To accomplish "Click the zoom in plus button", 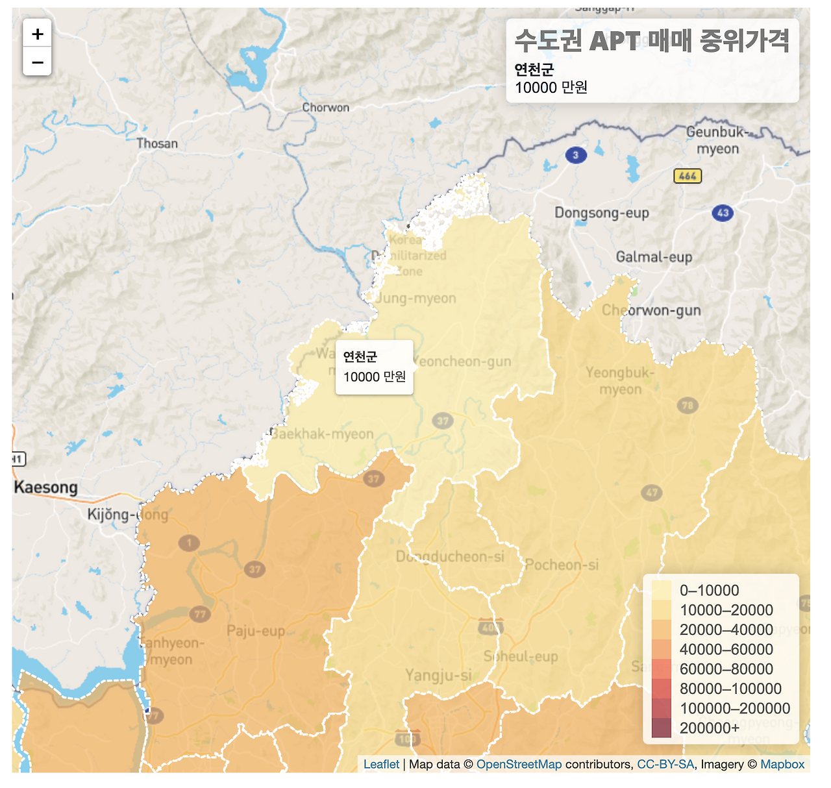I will (37, 34).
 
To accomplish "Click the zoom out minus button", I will (37, 62).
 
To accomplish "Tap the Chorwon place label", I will (325, 108).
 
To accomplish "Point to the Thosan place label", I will (156, 143).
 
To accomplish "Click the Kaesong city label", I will (45, 487).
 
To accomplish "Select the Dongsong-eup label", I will (601, 213).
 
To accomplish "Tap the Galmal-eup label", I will (654, 257).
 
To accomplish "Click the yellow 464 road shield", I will (688, 176).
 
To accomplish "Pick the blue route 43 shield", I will (723, 213).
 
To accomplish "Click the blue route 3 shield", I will (575, 155).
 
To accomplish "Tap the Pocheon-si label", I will (562, 565).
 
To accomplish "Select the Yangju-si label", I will (438, 676).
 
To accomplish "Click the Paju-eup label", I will (256, 631).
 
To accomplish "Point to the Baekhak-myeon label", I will (322, 434).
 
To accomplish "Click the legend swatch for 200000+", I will (661, 728).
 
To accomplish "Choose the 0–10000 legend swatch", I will (661, 591).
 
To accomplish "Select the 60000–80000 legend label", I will (726, 669).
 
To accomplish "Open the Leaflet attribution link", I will (381, 765).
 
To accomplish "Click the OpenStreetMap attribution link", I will (519, 765).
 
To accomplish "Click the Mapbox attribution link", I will (782, 765).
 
